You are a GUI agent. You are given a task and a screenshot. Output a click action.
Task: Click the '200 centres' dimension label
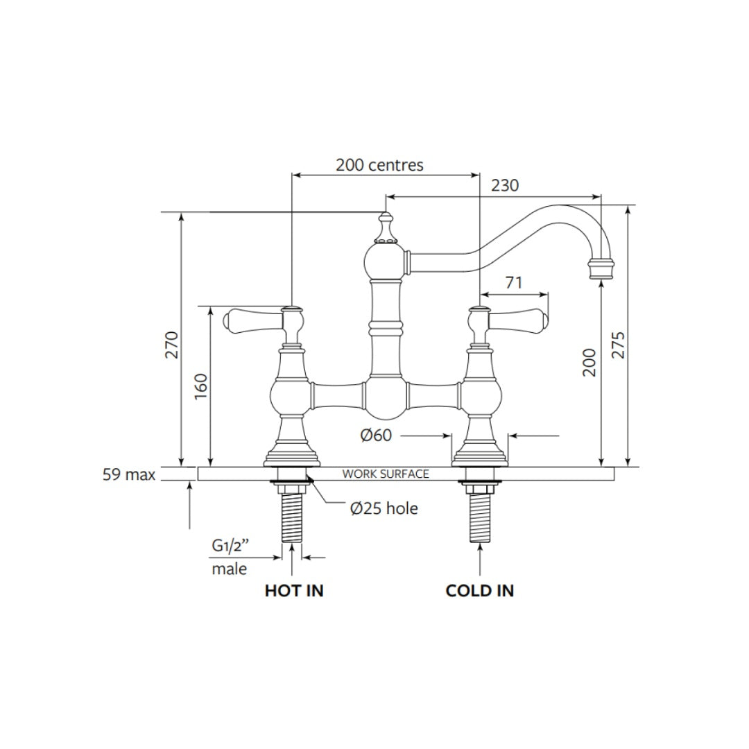click(x=379, y=165)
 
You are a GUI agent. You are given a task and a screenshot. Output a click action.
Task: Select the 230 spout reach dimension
click(x=504, y=185)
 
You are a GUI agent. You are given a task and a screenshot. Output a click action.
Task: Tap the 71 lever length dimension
click(x=514, y=282)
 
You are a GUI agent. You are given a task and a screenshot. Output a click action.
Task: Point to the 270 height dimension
click(x=172, y=345)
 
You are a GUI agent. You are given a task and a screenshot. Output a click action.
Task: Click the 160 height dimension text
click(x=200, y=387)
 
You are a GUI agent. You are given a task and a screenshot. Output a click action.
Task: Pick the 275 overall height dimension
click(x=619, y=345)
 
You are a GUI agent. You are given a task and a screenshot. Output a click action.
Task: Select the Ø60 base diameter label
click(x=376, y=436)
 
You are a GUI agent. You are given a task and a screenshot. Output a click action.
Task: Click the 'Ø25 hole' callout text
click(x=384, y=508)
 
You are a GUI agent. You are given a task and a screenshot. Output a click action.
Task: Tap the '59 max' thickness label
click(x=129, y=475)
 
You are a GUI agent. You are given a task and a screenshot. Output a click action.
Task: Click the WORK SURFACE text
click(x=386, y=474)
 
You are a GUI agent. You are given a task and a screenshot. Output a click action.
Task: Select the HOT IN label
click(x=294, y=591)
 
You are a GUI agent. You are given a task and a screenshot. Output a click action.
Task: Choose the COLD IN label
click(x=480, y=591)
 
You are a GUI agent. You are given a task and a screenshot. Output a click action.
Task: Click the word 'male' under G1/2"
click(x=229, y=569)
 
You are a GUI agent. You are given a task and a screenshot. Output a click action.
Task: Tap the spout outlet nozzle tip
click(x=601, y=269)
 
